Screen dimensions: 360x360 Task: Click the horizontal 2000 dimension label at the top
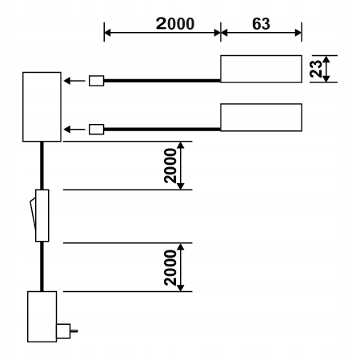175,23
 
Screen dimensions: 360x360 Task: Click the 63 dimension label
261,24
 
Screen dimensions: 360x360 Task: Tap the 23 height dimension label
316,69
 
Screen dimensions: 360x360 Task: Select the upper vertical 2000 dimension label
170,166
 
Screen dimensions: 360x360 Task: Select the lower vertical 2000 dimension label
170,267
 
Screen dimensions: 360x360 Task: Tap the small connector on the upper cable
96,81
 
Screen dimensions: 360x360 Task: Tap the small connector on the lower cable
96,130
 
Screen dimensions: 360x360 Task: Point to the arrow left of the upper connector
74,81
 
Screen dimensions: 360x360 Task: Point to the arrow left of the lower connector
74,130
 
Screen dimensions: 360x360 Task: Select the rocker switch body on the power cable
42,215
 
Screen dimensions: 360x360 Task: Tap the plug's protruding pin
74,331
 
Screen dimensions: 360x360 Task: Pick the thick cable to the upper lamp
162,81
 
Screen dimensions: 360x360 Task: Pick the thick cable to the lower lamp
162,130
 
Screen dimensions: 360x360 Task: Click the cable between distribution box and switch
42,166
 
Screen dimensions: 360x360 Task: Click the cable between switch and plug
42,266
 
